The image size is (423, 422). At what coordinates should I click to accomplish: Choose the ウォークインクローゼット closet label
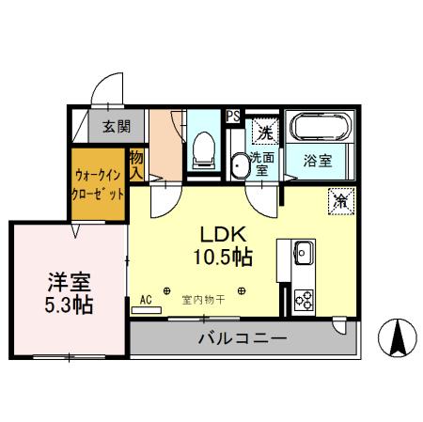(98, 185)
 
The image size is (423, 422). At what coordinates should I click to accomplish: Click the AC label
(146, 300)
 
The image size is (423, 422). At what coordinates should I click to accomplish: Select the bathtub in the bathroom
(320, 128)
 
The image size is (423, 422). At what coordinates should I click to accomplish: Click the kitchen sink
(303, 252)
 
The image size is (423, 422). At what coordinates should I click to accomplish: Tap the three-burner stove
(304, 299)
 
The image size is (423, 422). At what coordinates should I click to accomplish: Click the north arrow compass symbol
(398, 341)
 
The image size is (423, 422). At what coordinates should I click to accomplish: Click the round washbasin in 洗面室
(240, 165)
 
